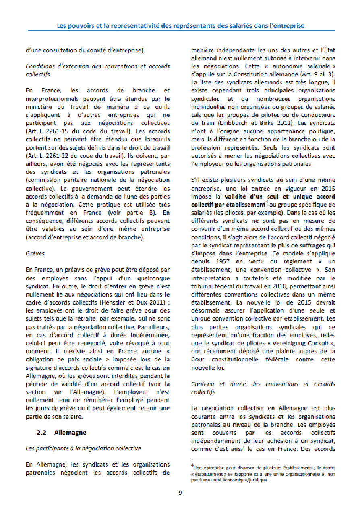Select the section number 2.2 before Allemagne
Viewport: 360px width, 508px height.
tap(41, 432)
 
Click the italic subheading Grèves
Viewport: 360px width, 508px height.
tap(35, 253)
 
